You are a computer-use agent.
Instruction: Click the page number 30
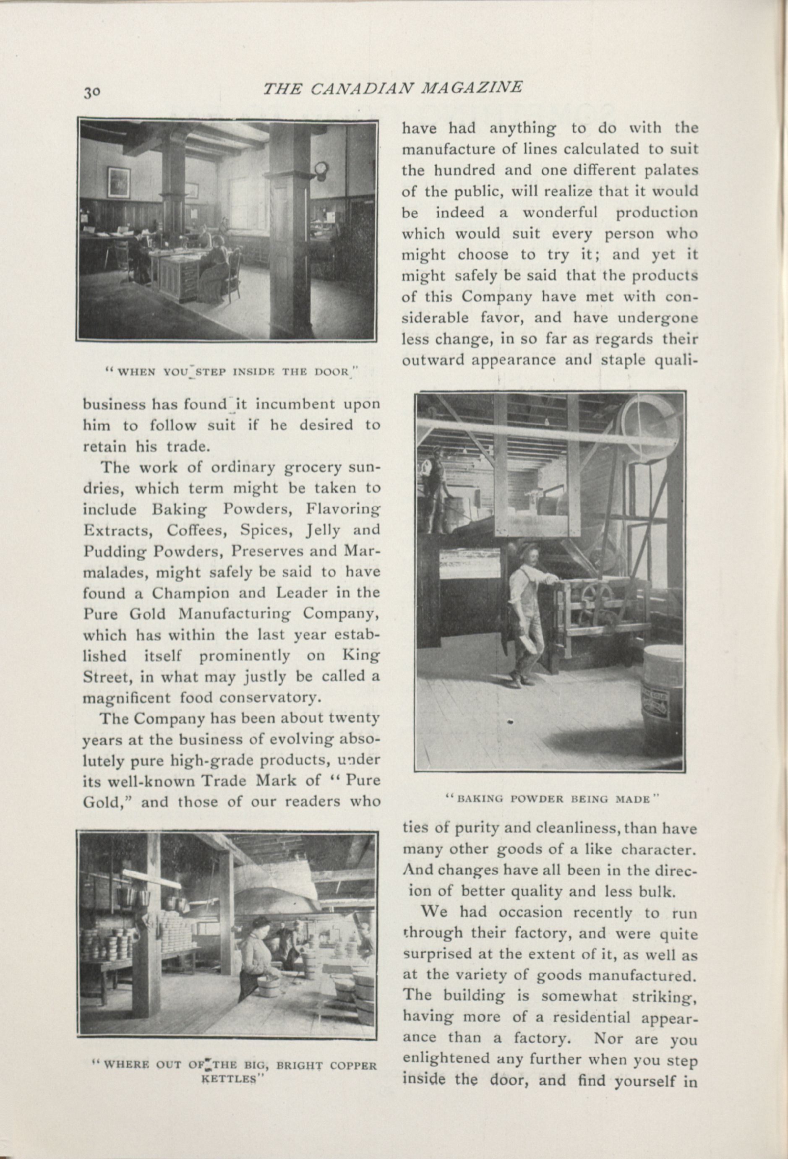pos(92,92)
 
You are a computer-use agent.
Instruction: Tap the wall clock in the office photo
pos(321,169)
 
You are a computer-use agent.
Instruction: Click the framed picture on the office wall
pos(119,182)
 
